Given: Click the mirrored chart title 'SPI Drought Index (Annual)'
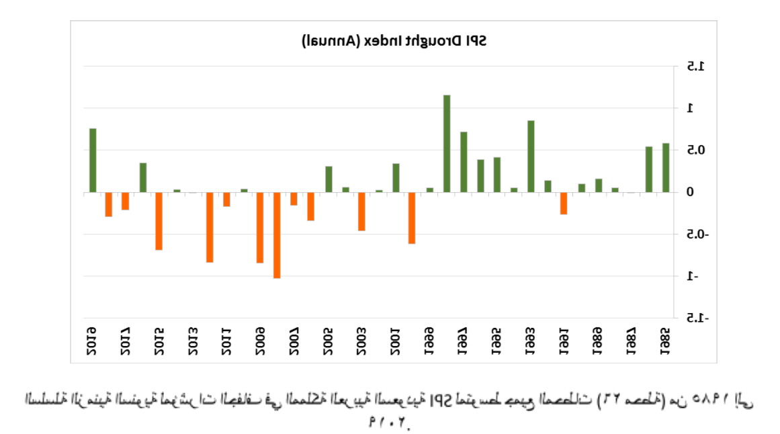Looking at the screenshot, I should click(x=393, y=42).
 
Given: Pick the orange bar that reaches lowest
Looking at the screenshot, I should click(x=276, y=235).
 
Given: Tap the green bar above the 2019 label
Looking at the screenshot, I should click(x=93, y=160).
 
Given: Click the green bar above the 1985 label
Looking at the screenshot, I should click(x=666, y=167).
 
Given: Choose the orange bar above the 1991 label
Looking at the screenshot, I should click(x=564, y=204).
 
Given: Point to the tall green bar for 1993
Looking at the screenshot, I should click(x=531, y=156).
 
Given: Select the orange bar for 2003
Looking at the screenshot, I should click(x=361, y=212).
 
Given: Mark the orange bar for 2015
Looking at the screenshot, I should click(x=159, y=221).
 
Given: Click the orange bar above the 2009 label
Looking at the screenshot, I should click(x=259, y=228).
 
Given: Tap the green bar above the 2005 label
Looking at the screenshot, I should click(x=329, y=179).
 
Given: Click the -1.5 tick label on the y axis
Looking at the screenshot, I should click(x=691, y=318).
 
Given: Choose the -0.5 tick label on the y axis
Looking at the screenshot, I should click(x=691, y=234).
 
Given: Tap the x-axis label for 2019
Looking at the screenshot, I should click(x=92, y=336).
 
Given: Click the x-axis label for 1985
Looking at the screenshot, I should click(x=666, y=336).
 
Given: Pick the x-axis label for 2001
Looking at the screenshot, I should click(x=396, y=336).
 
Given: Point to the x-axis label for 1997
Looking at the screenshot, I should click(x=463, y=336).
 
